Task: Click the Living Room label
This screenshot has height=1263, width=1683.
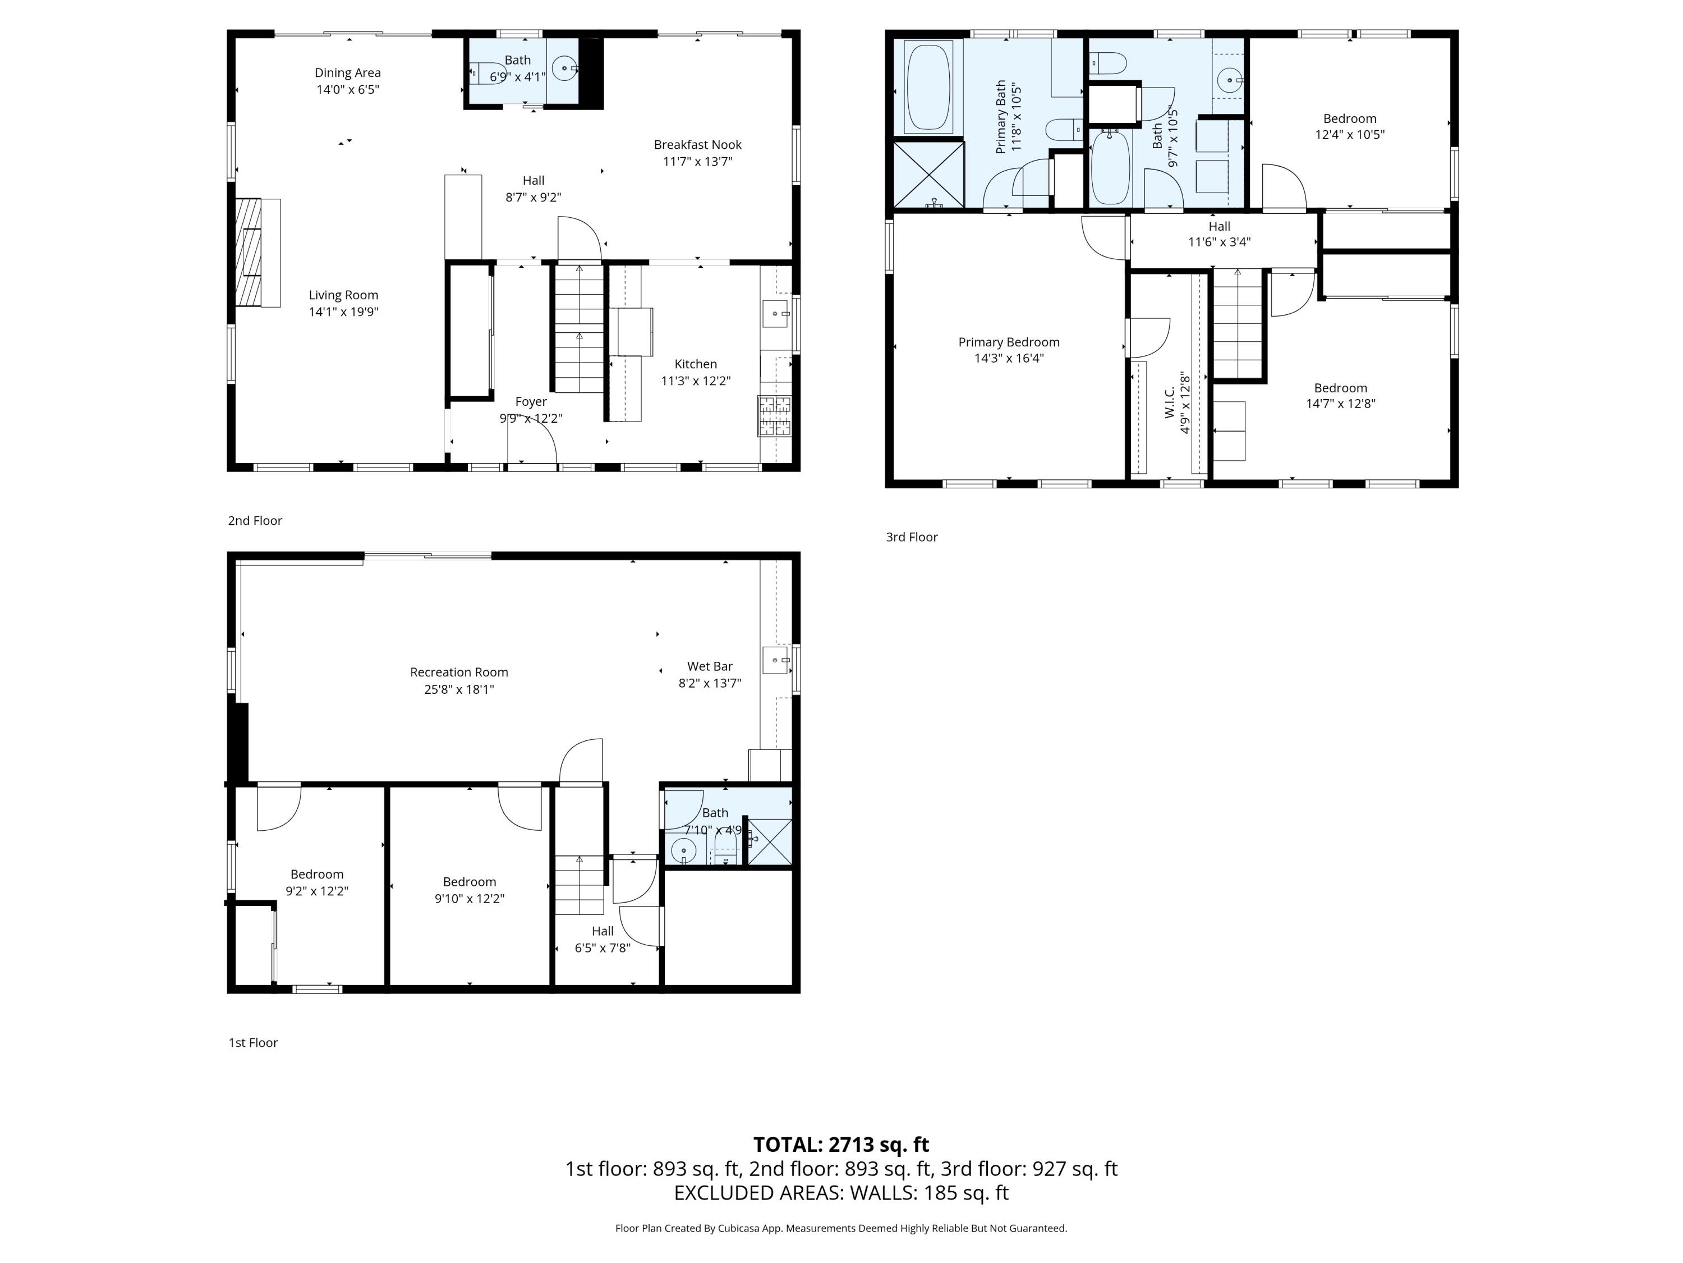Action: [x=343, y=295]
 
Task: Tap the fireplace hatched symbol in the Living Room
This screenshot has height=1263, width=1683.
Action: [x=248, y=252]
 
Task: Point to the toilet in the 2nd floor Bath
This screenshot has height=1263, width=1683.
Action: [x=488, y=73]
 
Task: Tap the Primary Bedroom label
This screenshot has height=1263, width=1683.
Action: [x=1008, y=342]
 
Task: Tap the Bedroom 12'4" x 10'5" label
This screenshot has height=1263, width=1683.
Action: [x=1349, y=119]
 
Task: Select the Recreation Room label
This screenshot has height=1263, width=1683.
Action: [x=459, y=672]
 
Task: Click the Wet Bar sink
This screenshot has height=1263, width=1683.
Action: [x=775, y=660]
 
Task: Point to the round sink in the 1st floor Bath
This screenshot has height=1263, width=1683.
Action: [x=684, y=850]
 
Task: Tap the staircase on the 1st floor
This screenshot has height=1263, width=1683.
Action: [x=579, y=885]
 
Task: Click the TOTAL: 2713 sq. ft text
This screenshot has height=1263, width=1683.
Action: [x=841, y=1144]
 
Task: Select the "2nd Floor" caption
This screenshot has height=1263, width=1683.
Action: [x=255, y=521]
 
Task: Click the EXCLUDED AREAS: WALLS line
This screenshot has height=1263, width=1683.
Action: [x=841, y=1193]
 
